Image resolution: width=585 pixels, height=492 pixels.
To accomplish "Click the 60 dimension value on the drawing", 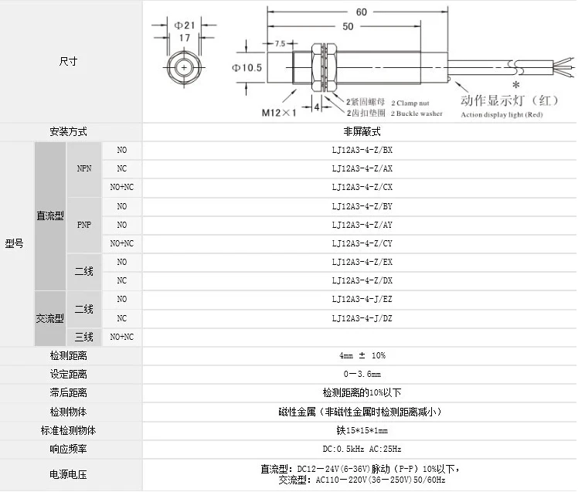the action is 361,12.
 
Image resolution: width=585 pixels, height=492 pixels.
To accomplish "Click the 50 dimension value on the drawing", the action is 348,26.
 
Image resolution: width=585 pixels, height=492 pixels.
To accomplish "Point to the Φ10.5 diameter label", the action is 247,68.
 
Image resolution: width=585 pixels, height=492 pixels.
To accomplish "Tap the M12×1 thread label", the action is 279,114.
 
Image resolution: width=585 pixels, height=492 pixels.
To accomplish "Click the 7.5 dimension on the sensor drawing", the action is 280,43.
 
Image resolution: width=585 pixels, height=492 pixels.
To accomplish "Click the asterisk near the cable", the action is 515,84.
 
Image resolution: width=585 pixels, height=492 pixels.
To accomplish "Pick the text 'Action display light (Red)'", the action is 503,114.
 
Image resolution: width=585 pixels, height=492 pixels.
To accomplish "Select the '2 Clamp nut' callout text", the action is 410,102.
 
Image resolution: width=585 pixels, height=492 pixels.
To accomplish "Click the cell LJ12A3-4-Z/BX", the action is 362,150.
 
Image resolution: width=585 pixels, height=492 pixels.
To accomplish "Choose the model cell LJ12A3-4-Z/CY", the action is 362,243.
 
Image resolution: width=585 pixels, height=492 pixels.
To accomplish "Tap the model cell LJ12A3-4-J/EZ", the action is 362,299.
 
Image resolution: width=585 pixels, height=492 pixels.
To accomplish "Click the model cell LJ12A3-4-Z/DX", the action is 362,280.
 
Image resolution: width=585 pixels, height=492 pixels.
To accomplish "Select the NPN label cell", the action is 83,168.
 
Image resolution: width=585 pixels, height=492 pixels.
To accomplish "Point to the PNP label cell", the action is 83,225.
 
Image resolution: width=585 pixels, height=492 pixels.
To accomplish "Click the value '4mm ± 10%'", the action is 362,355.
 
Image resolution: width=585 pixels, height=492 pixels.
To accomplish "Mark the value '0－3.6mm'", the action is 362,374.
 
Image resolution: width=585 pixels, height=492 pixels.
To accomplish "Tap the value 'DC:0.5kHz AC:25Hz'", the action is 362,449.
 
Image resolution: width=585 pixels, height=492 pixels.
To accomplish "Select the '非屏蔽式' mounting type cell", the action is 362,131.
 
